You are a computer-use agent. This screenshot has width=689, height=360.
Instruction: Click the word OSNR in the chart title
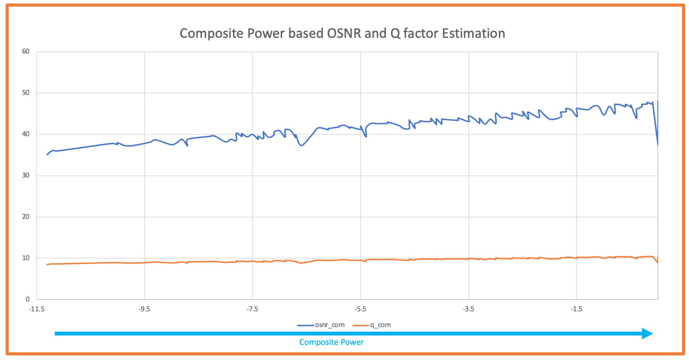344,34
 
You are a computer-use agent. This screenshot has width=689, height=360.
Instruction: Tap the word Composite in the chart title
209,34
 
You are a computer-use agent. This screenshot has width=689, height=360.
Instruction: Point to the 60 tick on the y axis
26,52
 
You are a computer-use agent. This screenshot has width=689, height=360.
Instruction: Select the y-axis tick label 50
26,93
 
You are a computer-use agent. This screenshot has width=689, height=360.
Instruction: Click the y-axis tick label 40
26,134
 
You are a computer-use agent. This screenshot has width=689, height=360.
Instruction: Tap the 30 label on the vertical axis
26,176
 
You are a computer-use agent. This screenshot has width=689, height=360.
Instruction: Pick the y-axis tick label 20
26,217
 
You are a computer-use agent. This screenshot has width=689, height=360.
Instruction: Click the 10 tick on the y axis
26,258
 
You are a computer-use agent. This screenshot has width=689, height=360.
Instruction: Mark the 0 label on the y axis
27,299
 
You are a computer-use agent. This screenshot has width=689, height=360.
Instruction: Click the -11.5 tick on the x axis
36,309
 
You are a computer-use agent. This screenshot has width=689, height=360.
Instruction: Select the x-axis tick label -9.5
144,309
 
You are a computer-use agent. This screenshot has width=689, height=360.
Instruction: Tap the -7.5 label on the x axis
252,309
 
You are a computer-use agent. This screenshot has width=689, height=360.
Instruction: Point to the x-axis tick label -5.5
360,309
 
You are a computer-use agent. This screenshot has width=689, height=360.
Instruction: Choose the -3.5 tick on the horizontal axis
468,309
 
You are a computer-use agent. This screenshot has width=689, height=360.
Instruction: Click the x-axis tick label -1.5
576,309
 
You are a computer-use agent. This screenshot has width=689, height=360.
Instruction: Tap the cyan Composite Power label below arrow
331,342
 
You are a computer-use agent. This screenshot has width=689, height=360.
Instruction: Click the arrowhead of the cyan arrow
647,334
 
